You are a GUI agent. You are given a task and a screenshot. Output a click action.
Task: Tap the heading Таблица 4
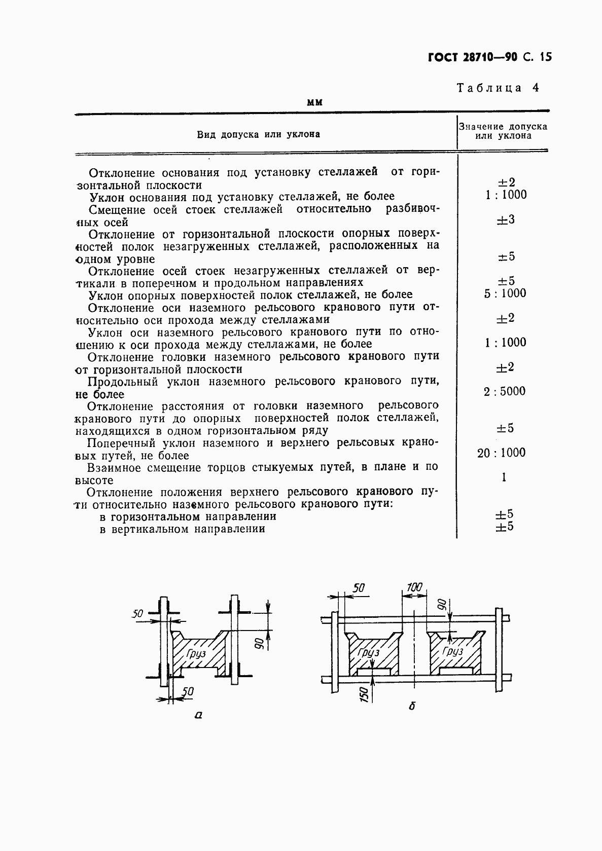[498, 88]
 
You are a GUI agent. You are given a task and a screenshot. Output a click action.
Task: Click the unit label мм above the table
[315, 102]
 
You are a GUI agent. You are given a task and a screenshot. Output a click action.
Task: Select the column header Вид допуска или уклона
[258, 134]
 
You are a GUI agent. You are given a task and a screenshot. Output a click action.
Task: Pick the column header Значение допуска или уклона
[503, 131]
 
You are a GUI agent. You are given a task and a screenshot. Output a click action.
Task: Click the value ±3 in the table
[505, 220]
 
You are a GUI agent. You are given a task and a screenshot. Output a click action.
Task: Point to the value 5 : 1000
[505, 293]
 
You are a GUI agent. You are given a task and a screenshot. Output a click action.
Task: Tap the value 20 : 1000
[501, 453]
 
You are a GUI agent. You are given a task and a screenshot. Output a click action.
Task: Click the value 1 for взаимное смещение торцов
[504, 477]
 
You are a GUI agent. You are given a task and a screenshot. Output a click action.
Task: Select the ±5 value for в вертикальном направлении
[504, 527]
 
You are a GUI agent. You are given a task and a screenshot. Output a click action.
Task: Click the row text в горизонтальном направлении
[188, 516]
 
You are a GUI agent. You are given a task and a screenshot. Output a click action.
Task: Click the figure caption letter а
[198, 715]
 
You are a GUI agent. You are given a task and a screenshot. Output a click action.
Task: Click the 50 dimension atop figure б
[359, 588]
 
